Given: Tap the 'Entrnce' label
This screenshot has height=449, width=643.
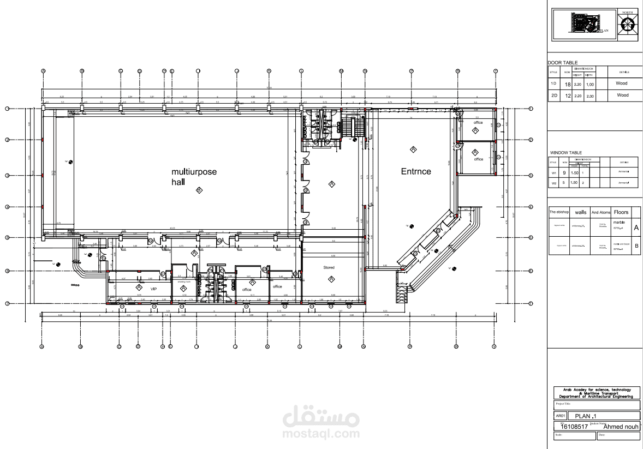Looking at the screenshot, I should pos(416,171).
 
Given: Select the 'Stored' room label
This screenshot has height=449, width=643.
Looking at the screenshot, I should pos(329,268).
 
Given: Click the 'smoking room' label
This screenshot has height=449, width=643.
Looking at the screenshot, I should pos(184,282).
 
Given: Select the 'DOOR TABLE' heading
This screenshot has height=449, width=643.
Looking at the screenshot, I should pos(562,63).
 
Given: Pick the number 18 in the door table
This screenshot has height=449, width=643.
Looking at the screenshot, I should pos(567,84).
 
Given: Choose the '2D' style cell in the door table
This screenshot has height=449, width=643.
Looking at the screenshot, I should pos(553,95).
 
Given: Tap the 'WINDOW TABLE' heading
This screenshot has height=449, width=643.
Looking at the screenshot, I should pos(566,153).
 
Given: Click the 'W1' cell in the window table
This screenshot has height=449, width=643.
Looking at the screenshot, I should pos(553,173).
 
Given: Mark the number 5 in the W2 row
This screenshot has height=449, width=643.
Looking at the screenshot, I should pos(564,183).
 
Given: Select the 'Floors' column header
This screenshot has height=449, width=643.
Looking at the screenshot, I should pos(621,212).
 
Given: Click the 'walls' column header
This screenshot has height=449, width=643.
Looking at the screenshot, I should pos(581,212).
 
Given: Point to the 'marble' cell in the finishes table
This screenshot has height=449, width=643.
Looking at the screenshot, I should pos(618,223).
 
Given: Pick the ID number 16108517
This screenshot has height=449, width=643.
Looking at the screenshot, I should pos(575,427).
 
